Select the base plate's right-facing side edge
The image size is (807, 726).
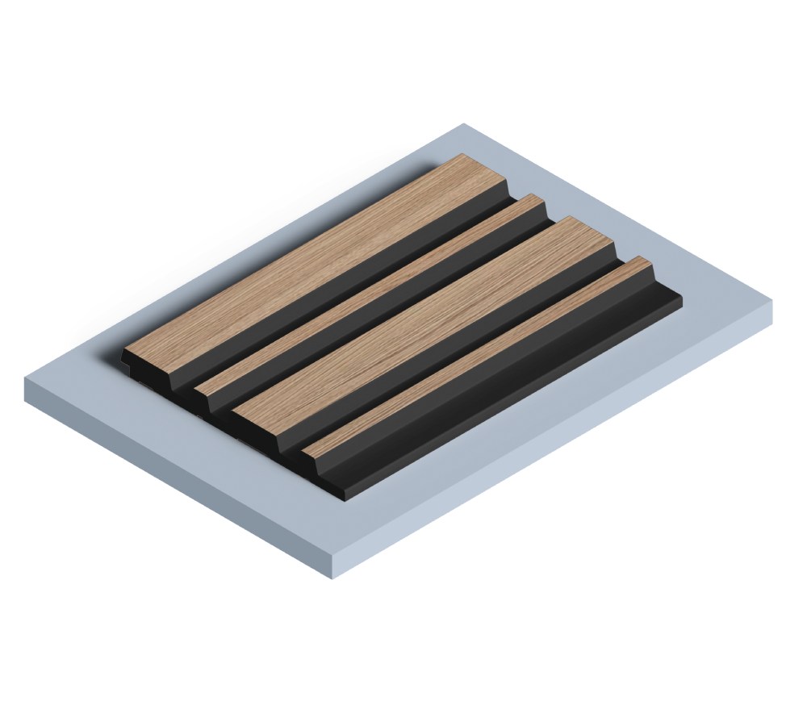(x=557, y=452)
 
